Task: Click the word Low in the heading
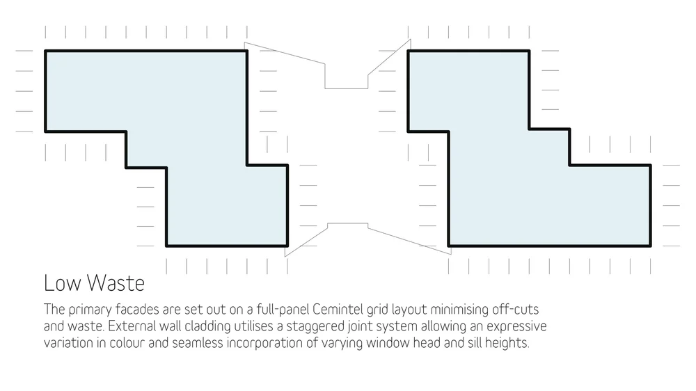click(60, 284)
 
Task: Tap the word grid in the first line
click(380, 308)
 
